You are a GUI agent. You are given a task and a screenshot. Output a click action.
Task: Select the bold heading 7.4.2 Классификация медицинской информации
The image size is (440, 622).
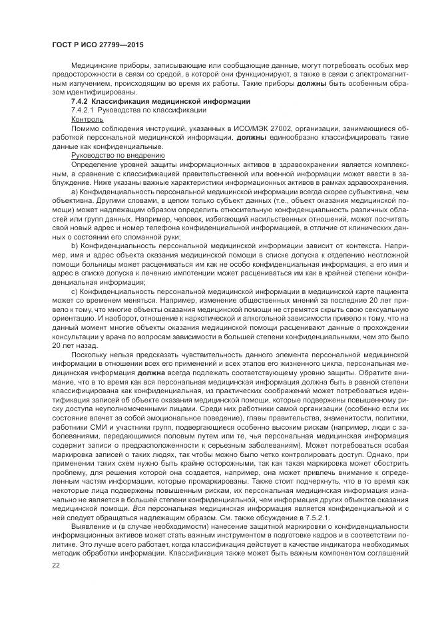(x=152, y=100)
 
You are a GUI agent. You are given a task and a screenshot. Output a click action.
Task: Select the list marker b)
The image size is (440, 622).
(x=75, y=247)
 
